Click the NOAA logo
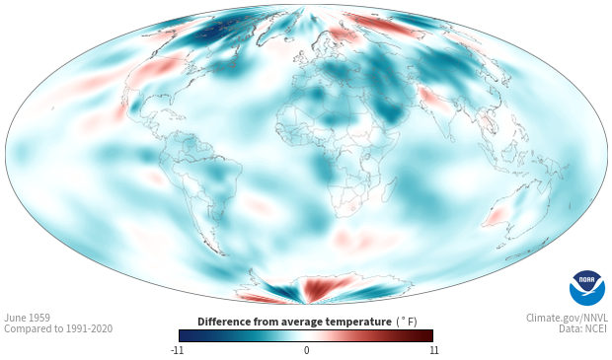point(587,288)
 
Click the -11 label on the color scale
point(178,350)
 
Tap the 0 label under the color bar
point(306,350)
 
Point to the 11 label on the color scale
point(433,350)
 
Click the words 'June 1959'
point(27,318)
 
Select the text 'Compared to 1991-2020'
point(58,328)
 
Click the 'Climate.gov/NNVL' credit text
point(567,318)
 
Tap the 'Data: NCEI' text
point(583,328)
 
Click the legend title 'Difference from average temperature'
point(294,322)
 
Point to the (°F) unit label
point(407,322)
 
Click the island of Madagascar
point(390,189)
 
